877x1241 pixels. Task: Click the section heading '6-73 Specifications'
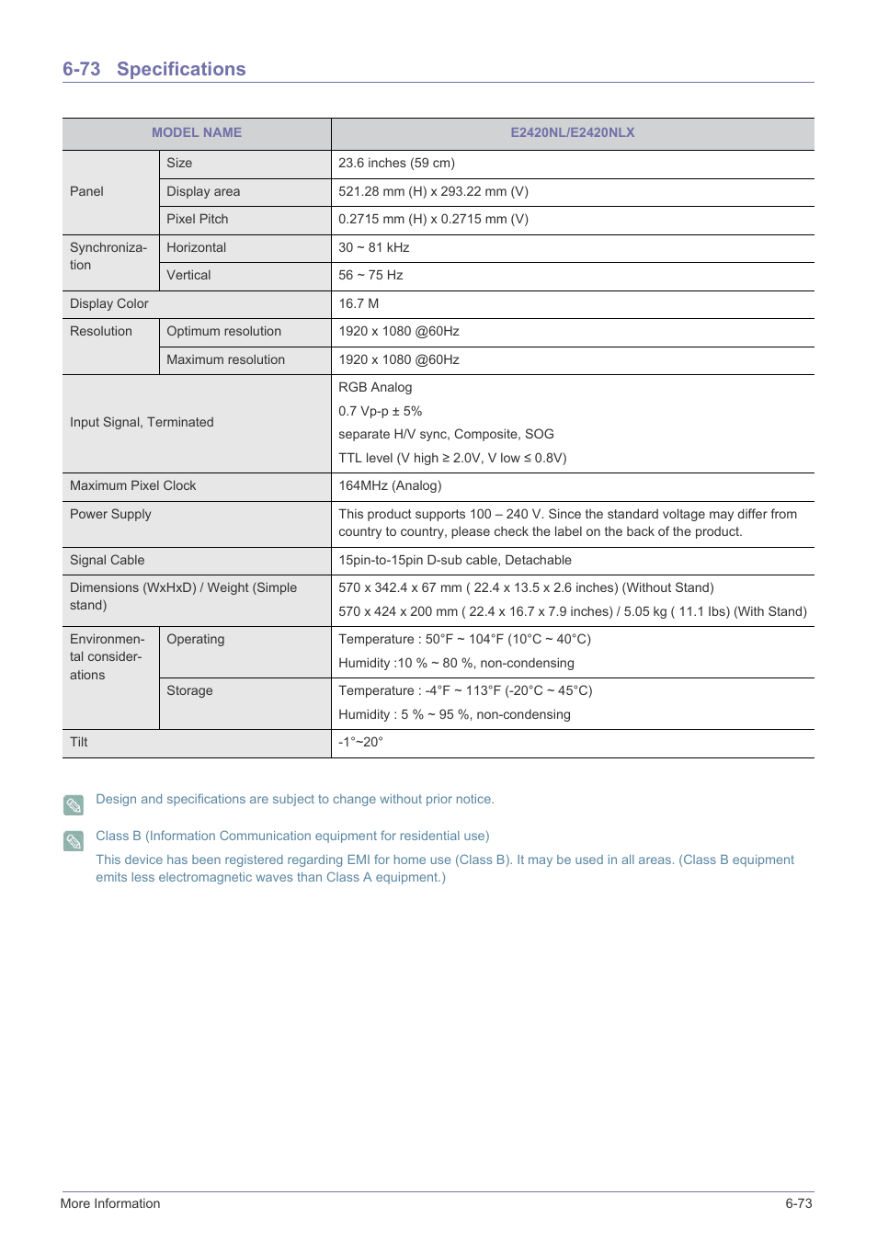(x=154, y=69)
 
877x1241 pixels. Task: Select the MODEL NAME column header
(x=197, y=132)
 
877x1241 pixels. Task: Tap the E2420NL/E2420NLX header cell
(x=572, y=132)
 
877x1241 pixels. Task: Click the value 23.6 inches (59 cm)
(x=396, y=163)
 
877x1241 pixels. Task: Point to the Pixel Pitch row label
(x=197, y=219)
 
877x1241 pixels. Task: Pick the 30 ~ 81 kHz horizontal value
(x=373, y=247)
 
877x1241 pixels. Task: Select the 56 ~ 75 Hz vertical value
(x=370, y=275)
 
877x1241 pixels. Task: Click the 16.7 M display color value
(x=359, y=303)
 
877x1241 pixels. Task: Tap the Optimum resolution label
(x=223, y=331)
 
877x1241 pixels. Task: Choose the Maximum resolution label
(x=225, y=359)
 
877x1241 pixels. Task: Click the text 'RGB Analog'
(x=375, y=387)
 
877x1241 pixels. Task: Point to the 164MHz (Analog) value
(x=390, y=485)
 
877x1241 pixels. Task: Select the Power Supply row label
(x=110, y=514)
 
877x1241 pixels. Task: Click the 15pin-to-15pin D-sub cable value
(x=454, y=560)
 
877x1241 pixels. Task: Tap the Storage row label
(x=189, y=690)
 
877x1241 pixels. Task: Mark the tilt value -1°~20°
(x=360, y=742)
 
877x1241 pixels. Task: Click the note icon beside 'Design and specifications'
(x=74, y=805)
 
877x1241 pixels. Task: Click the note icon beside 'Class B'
(x=74, y=841)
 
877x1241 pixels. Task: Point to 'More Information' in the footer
(x=110, y=1203)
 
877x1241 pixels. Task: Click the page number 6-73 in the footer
(x=798, y=1203)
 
